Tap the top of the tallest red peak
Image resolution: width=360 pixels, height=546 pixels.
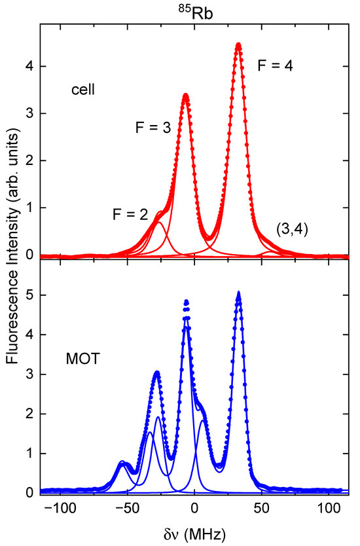point(238,45)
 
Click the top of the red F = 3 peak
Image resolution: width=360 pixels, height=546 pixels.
point(185,96)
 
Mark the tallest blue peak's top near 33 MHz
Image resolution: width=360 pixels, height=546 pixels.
point(238,293)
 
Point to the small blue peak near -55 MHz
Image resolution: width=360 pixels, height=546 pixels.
point(122,463)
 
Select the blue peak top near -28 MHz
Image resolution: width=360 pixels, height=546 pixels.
point(157,373)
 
